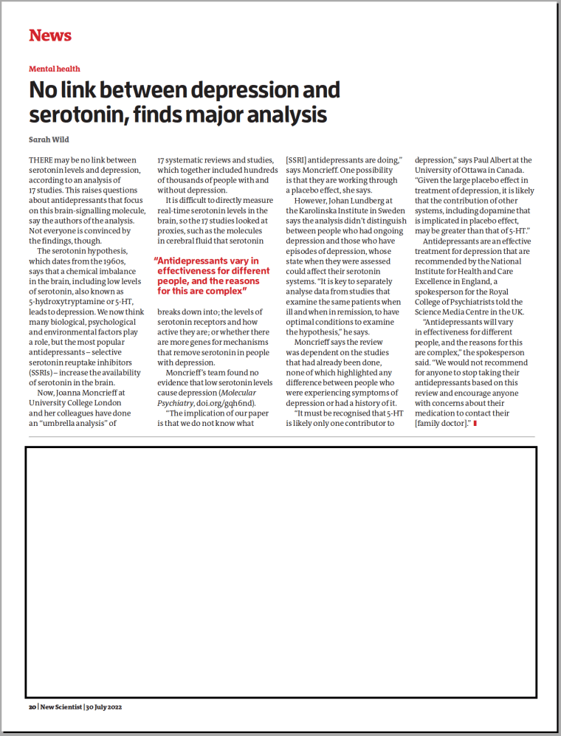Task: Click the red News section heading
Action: point(50,35)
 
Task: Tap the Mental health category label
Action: point(55,69)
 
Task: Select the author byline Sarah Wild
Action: point(49,140)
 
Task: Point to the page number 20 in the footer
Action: point(32,706)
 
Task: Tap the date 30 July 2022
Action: point(103,706)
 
